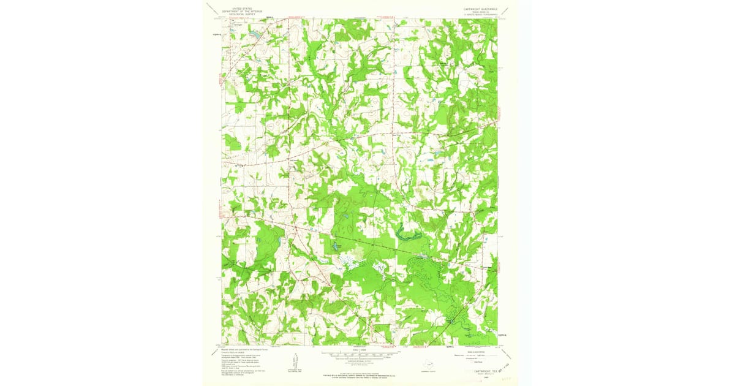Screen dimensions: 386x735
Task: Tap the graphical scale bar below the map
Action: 360,354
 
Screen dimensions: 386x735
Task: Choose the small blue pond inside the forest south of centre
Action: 336,246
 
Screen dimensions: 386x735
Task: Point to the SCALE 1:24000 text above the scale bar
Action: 360,348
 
